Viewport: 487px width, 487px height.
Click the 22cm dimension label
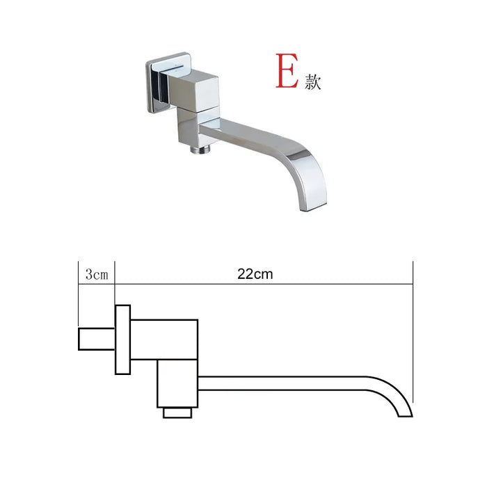click(x=255, y=273)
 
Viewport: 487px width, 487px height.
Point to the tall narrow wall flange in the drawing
click(x=123, y=340)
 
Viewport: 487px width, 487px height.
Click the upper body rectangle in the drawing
click(x=164, y=340)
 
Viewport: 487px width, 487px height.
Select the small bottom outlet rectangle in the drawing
click(x=178, y=413)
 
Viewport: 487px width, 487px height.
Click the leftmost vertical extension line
click(x=79, y=292)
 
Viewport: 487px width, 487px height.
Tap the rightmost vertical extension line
click(x=413, y=334)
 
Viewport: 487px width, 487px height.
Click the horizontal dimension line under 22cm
click(x=264, y=283)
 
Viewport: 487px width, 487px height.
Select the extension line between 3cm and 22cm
click(x=115, y=282)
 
